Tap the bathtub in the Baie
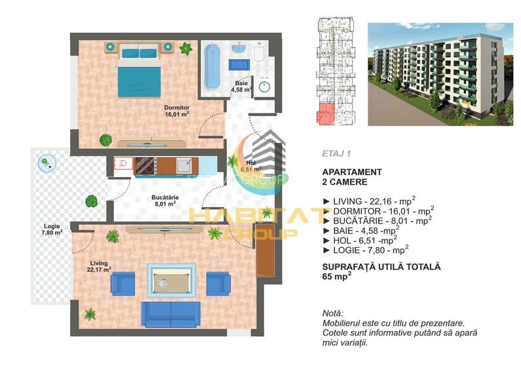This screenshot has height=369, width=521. tap(212, 67)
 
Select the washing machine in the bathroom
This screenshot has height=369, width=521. tap(264, 88)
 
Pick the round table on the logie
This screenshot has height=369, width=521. tap(45, 161)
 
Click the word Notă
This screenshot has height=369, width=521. tap(333, 314)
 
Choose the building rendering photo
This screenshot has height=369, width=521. tap(440, 73)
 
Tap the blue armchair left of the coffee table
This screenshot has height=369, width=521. tap(123, 283)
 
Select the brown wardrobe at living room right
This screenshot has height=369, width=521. tap(264, 254)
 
